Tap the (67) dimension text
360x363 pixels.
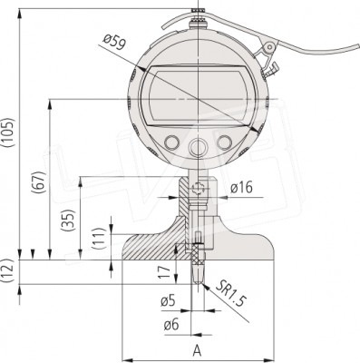39,181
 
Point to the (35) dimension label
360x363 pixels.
67,220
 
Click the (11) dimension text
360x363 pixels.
99,239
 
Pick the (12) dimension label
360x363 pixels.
7,270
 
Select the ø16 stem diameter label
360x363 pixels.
241,188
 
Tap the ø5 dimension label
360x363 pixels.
168,301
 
